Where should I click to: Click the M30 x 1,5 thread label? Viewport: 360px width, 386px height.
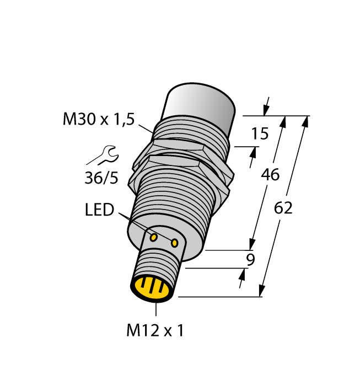(x=99, y=119)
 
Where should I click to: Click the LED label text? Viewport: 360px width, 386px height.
(x=99, y=210)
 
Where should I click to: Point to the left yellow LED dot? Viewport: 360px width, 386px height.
(x=154, y=237)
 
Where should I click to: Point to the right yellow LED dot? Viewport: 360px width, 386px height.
(x=175, y=242)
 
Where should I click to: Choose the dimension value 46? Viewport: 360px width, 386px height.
(x=270, y=175)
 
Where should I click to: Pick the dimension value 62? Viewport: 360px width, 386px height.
(x=283, y=208)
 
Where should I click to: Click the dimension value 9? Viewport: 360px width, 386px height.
(x=250, y=259)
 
